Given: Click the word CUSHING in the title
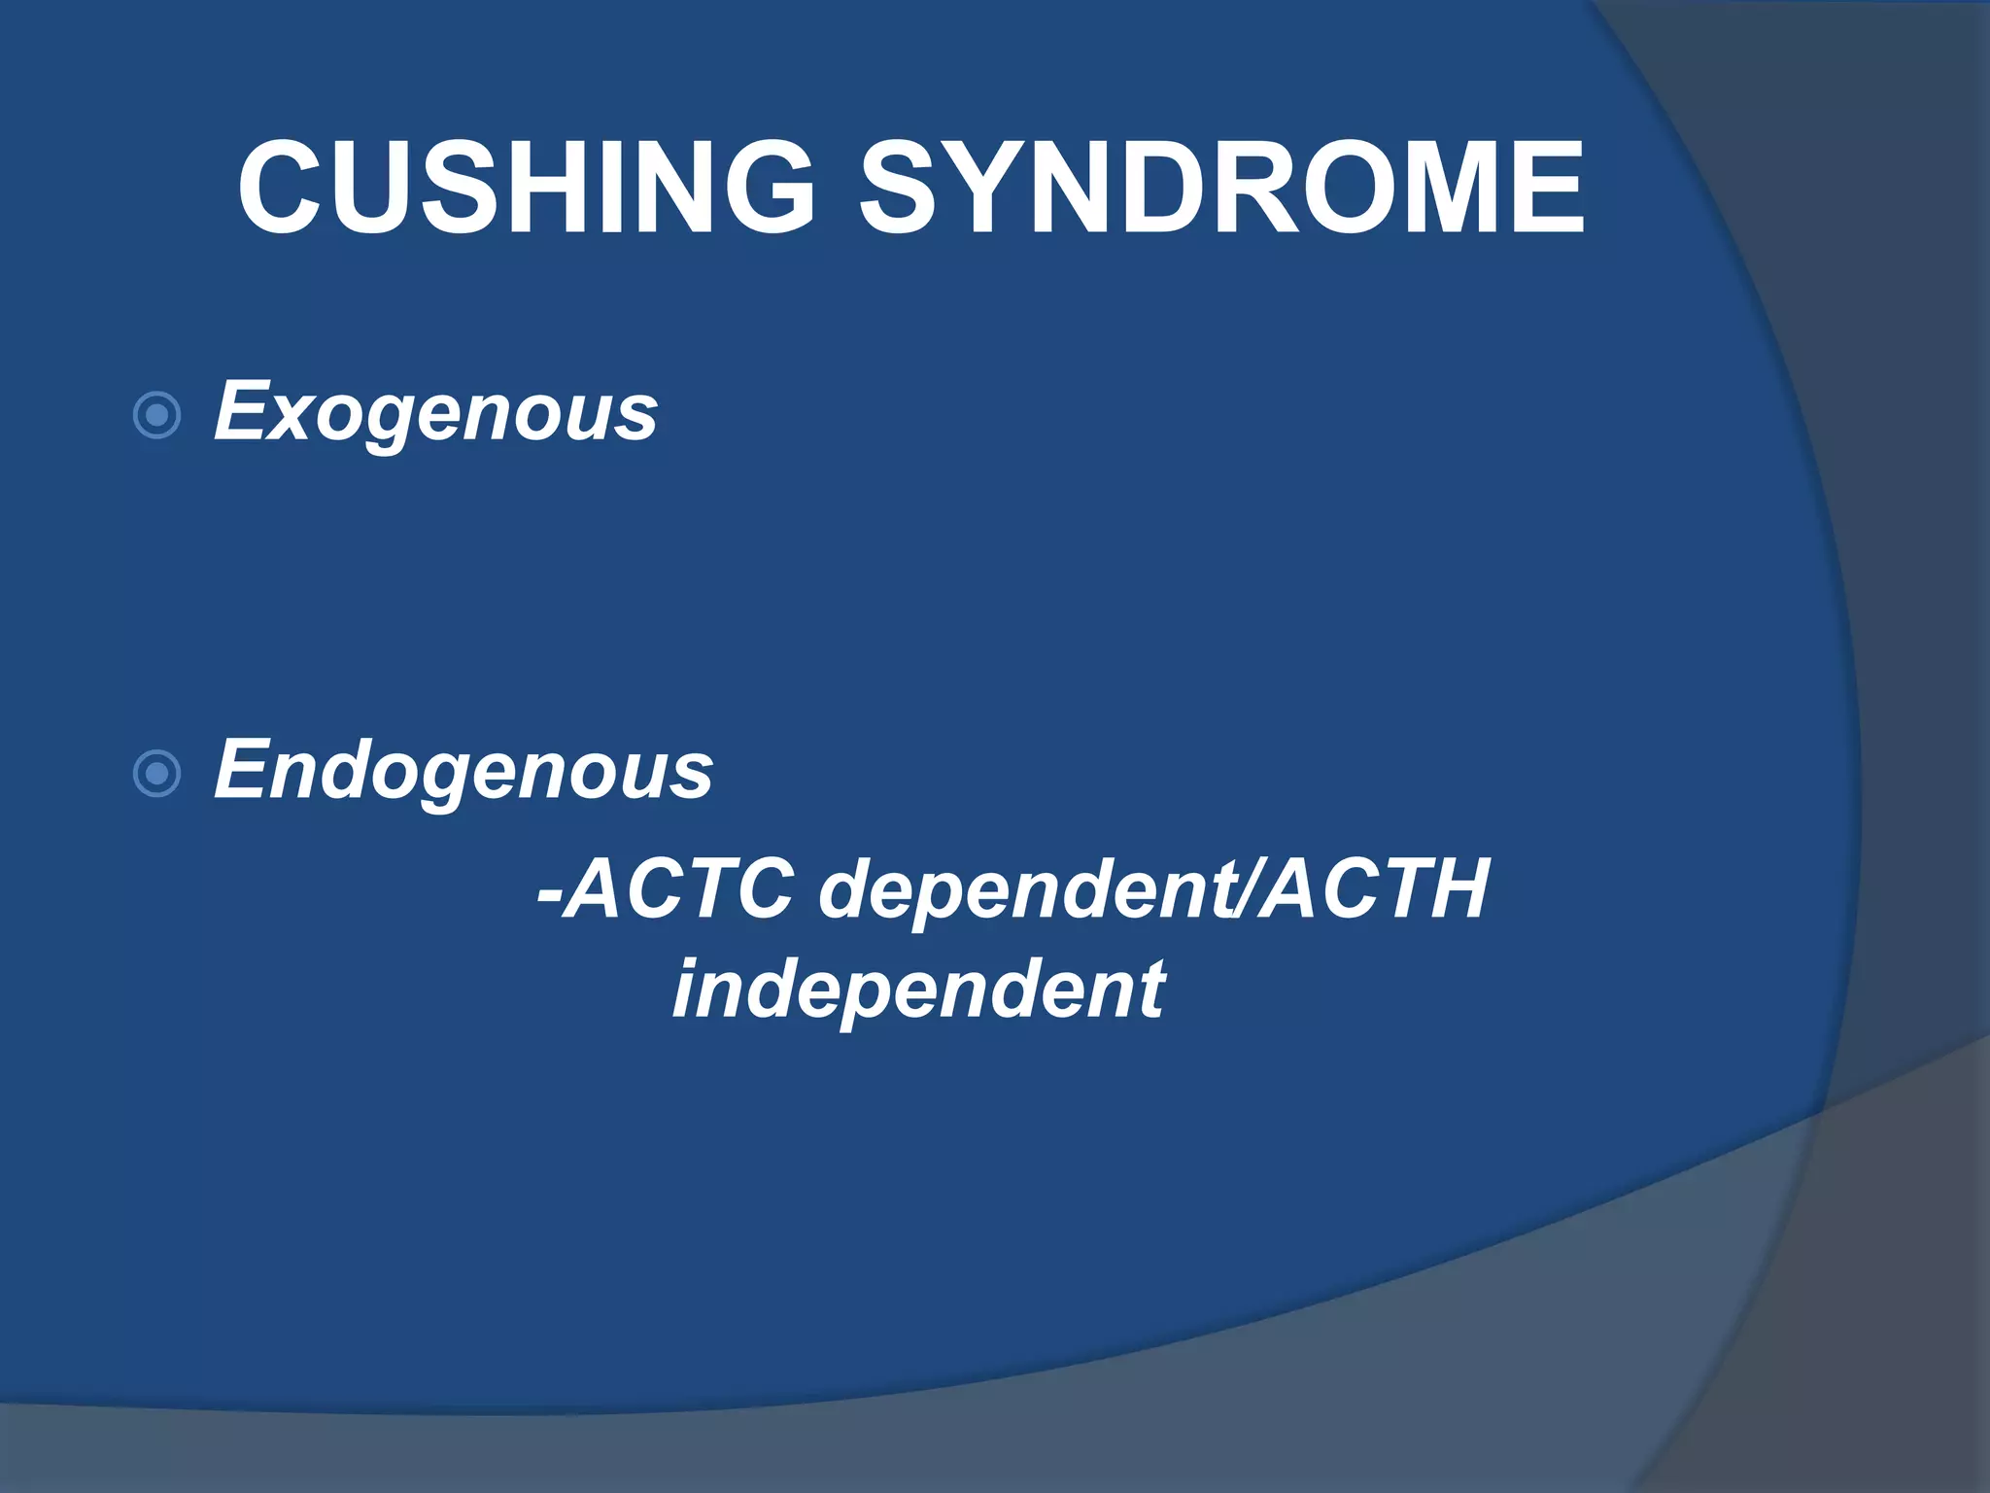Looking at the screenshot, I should tap(526, 188).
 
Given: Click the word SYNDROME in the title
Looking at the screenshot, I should tap(1221, 188).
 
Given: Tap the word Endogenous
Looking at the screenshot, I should tap(463, 771).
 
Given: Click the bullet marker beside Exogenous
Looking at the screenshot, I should tap(156, 416).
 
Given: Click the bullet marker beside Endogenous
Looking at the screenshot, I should tap(156, 775).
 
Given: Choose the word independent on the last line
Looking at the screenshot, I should tap(918, 990).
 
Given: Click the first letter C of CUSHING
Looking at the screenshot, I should tap(282, 188).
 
